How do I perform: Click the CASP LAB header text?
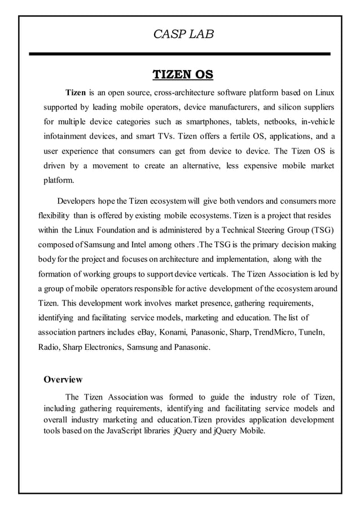coord(183,34)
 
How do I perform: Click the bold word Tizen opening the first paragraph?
coord(76,93)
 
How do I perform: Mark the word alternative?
coord(194,166)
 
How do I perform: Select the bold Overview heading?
coord(63,379)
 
